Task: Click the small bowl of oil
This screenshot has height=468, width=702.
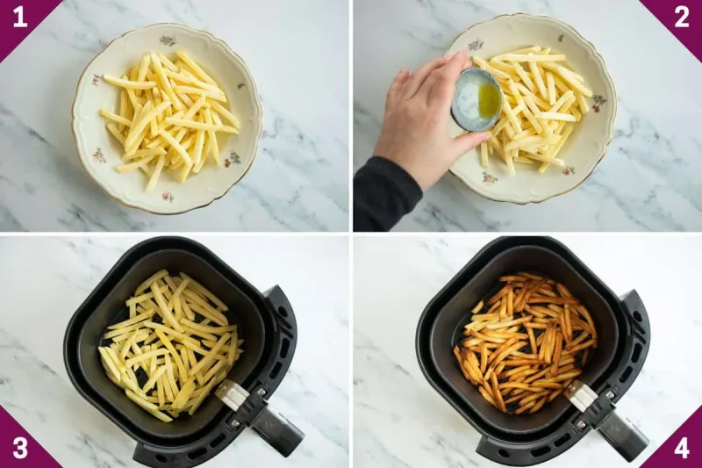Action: [478, 99]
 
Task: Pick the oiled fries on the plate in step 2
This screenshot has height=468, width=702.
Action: [535, 105]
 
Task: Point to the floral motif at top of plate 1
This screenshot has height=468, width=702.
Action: [168, 40]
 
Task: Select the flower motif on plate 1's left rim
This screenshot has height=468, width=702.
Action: [96, 80]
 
